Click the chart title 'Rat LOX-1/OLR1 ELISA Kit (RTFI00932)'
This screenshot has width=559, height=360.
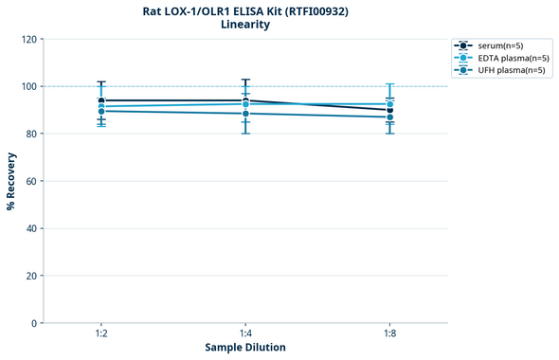click(x=244, y=10)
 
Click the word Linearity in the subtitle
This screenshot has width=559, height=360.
click(x=244, y=25)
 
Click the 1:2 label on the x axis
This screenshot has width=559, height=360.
click(x=101, y=334)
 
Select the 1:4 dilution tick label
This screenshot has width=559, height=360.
click(x=245, y=334)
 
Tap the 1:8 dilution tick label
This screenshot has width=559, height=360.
click(x=390, y=334)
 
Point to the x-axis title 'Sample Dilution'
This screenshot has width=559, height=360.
click(x=245, y=348)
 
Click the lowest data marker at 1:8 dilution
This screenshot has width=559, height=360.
click(x=390, y=117)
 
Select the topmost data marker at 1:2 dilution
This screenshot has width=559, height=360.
click(x=101, y=100)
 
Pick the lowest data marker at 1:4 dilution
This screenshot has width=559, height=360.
click(x=245, y=114)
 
